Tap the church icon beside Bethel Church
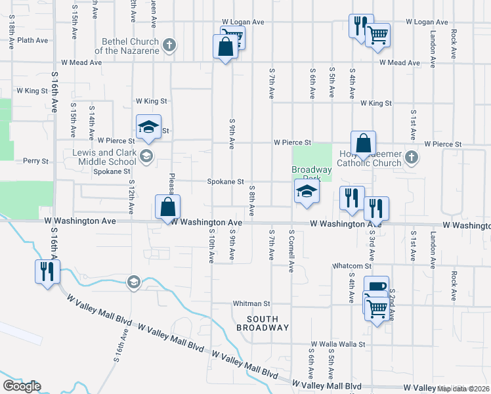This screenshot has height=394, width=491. pos(170,45)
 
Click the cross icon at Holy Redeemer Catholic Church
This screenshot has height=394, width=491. pos(411,157)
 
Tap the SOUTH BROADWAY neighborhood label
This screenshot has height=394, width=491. pos(262,322)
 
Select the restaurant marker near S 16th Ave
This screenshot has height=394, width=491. pos(48,271)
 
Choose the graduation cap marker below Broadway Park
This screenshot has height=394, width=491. pos(307,192)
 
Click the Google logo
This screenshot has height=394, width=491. pos(22,386)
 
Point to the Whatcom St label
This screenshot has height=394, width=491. pos(352,266)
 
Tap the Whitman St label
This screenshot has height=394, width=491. pos(252,304)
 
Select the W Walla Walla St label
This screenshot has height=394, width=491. pos(337,343)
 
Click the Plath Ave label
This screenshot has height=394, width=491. pos(33,40)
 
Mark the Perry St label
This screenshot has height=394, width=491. pos(35,161)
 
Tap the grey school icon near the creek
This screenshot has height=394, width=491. pos(134,282)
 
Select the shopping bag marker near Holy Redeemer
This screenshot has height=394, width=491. pos(363,143)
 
